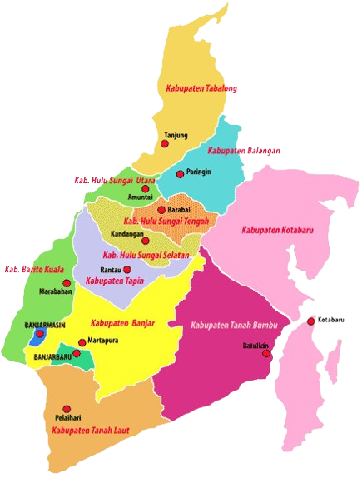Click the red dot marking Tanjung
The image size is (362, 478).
click(x=165, y=143)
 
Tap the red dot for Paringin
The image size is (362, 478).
click(x=180, y=174)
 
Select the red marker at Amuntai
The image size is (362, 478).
click(x=146, y=189)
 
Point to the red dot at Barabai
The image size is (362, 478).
click(x=161, y=210)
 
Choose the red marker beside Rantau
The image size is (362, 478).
click(x=128, y=270)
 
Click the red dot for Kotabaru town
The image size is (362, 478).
click(x=310, y=321)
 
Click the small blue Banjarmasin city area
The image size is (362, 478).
click(x=37, y=336)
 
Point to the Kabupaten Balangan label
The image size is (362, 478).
click(x=243, y=151)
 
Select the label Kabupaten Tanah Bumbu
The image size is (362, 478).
click(x=238, y=324)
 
